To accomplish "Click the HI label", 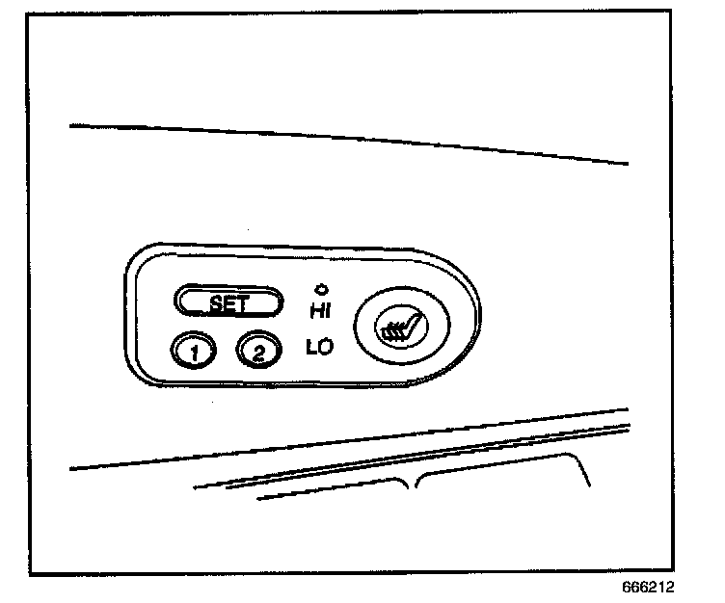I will tap(321, 309).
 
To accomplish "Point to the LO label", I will tap(319, 347).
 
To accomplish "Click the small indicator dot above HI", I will tap(320, 288).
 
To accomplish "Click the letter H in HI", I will tap(315, 309).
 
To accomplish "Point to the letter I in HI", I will tap(328, 309).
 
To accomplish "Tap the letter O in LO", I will tap(326, 347).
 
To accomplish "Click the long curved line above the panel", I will tap(347, 138).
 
